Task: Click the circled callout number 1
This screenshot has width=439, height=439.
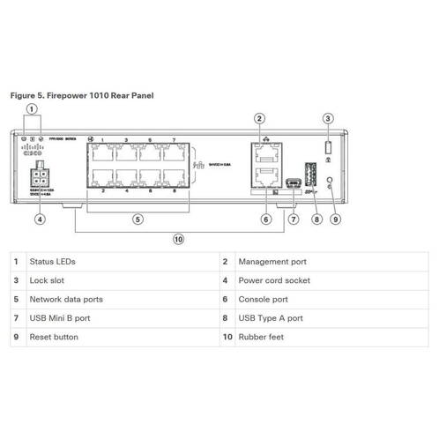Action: [x=32, y=110]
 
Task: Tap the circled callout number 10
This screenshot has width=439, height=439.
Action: [x=178, y=238]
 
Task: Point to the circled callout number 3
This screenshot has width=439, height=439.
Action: [x=328, y=118]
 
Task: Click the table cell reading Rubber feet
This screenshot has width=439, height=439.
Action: [x=260, y=337]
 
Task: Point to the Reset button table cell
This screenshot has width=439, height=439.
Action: [x=53, y=337]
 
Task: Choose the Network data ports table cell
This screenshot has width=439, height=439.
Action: [x=67, y=299]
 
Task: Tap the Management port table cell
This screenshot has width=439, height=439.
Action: [x=272, y=262]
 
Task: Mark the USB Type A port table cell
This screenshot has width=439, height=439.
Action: [x=269, y=317]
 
